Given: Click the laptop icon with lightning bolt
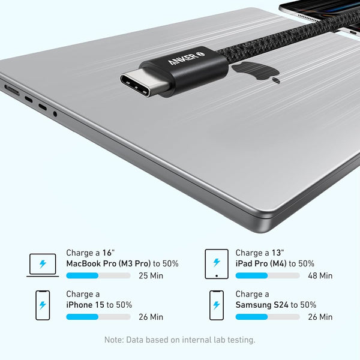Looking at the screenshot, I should tap(43, 265).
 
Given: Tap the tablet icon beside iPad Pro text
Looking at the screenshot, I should tap(217, 264).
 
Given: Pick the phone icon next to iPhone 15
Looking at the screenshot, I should tap(43, 305).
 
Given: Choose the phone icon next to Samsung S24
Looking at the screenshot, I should tap(217, 305).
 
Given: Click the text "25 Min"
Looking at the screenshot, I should tap(151, 276).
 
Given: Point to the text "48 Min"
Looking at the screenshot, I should tap(320, 276).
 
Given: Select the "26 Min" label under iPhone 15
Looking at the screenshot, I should tap(151, 317).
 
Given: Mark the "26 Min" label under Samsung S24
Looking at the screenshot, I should tap(320, 317).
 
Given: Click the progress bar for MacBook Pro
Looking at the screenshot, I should tap(98, 275).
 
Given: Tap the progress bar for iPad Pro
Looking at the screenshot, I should tap(267, 275).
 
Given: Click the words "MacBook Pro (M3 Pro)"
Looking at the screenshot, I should tap(108, 263).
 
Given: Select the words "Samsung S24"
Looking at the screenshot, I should tap(262, 305).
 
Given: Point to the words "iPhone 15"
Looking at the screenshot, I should tap(85, 305).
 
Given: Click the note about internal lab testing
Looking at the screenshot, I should tap(180, 340).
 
